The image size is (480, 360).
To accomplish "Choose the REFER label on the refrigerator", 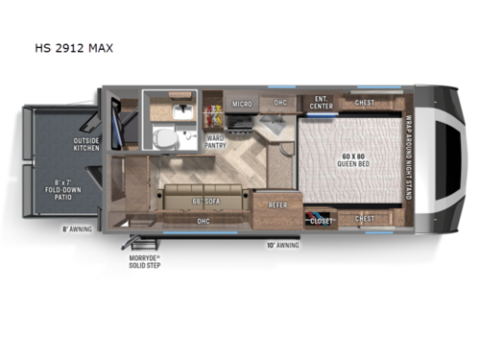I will pos(278,204).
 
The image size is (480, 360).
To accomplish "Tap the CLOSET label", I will pos(321,221).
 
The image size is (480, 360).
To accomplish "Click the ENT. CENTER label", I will pos(321,102).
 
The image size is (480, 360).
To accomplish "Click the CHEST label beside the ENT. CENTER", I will pos(365,102).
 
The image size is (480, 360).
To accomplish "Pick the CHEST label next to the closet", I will pos(365,219).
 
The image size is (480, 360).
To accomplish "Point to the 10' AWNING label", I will pos(282,245).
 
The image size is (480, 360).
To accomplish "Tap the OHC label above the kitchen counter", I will pos(280,103).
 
